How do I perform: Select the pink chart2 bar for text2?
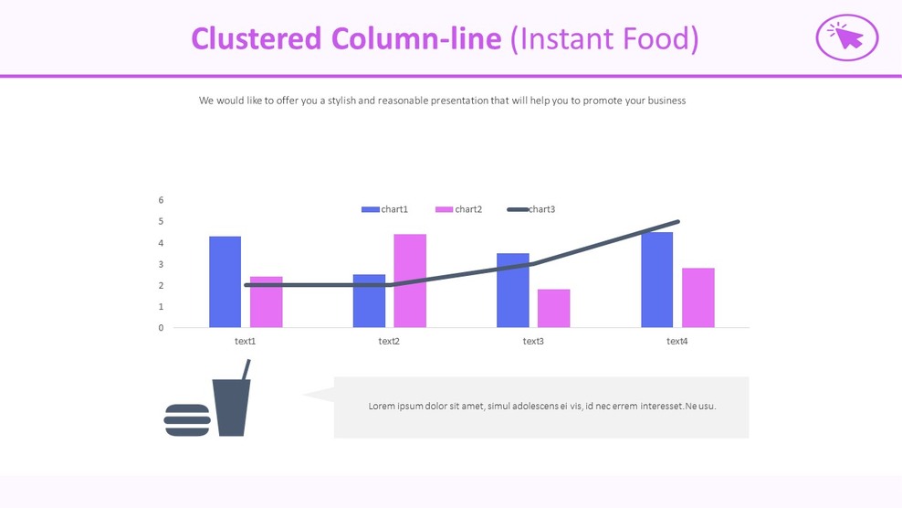pyautogui.click(x=410, y=280)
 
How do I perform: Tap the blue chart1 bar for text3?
pyautogui.click(x=512, y=291)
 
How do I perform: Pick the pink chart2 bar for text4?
pyautogui.click(x=697, y=298)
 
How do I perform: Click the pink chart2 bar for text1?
pyautogui.click(x=266, y=302)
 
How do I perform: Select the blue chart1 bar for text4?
pyautogui.click(x=656, y=280)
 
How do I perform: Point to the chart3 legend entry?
pyautogui.click(x=531, y=209)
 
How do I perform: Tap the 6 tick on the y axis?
pyautogui.click(x=162, y=200)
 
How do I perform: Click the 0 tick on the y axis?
pyautogui.click(x=162, y=328)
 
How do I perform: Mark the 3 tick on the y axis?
pyautogui.click(x=162, y=264)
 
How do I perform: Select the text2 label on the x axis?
pyautogui.click(x=389, y=342)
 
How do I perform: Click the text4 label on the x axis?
pyautogui.click(x=676, y=342)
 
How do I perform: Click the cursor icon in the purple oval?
pyautogui.click(x=846, y=37)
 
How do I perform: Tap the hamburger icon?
pyautogui.click(x=187, y=420)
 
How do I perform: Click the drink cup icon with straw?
pyautogui.click(x=232, y=403)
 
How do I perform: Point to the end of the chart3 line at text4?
pyautogui.click(x=677, y=222)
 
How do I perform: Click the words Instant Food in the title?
pyautogui.click(x=604, y=38)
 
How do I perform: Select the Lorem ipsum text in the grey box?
pyautogui.click(x=541, y=406)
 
